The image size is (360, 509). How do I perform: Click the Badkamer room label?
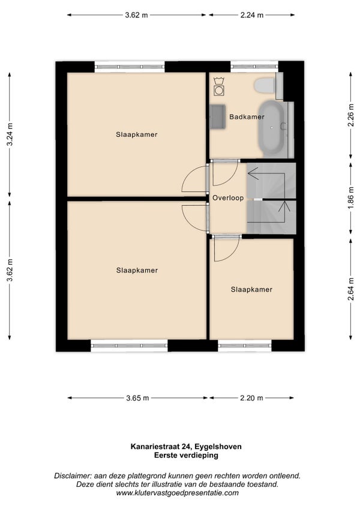(x=247, y=117)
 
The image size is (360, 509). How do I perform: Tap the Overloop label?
(x=228, y=197)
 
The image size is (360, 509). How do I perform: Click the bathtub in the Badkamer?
(x=271, y=128)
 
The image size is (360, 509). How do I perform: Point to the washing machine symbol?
(x=219, y=86)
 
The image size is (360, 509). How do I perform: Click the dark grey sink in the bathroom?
(x=217, y=116)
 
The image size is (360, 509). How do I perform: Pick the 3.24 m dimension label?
(x=10, y=134)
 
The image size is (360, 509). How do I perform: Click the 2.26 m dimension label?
(x=350, y=116)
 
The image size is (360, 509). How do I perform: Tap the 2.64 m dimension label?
(x=350, y=289)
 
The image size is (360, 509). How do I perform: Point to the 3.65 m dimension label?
(x=137, y=398)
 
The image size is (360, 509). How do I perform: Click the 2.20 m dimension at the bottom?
(x=251, y=398)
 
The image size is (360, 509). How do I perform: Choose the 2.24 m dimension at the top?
(x=252, y=15)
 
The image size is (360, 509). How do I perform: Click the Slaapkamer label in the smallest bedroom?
(x=251, y=289)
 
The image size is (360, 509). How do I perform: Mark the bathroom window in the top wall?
(x=254, y=67)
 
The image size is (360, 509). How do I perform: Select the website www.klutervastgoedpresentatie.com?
(x=177, y=493)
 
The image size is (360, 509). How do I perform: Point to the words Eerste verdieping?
(x=186, y=456)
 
